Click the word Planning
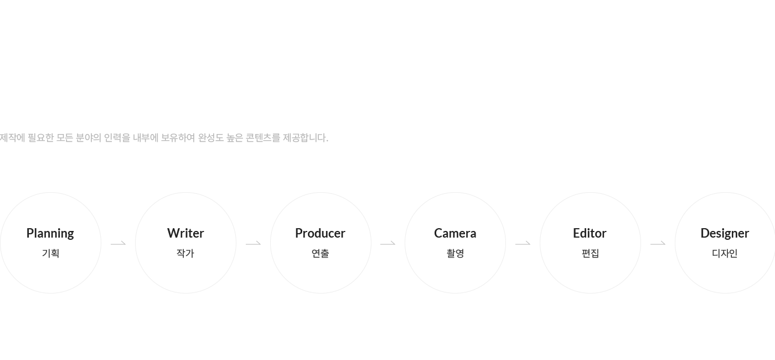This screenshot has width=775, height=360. (50, 234)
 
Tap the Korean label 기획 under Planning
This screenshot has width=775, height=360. (50, 254)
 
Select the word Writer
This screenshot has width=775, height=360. (185, 233)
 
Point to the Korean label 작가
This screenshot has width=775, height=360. (185, 254)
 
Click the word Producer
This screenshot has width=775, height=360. (320, 233)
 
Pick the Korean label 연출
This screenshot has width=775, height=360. (321, 254)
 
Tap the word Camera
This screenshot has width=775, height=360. (455, 233)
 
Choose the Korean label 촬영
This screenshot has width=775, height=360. (455, 254)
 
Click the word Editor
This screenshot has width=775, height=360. (590, 233)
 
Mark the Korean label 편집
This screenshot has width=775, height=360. (590, 254)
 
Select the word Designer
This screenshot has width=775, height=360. (725, 234)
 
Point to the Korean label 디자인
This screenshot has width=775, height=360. (725, 254)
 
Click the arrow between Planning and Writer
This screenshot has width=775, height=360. (118, 244)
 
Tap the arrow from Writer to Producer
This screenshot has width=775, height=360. (254, 244)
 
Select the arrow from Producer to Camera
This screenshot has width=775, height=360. (388, 244)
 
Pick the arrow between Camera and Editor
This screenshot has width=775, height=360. (523, 244)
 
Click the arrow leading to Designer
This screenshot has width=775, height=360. (658, 244)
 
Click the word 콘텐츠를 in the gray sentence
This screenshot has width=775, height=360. (262, 138)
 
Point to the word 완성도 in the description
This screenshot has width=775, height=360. (211, 138)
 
